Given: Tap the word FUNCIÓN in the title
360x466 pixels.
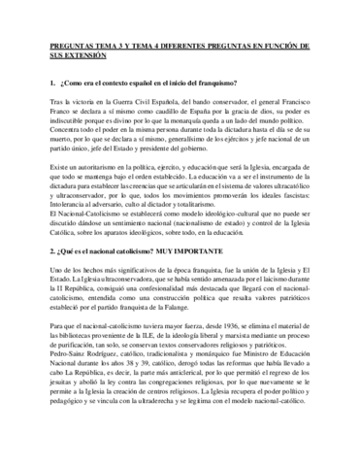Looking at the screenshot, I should [298, 45].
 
